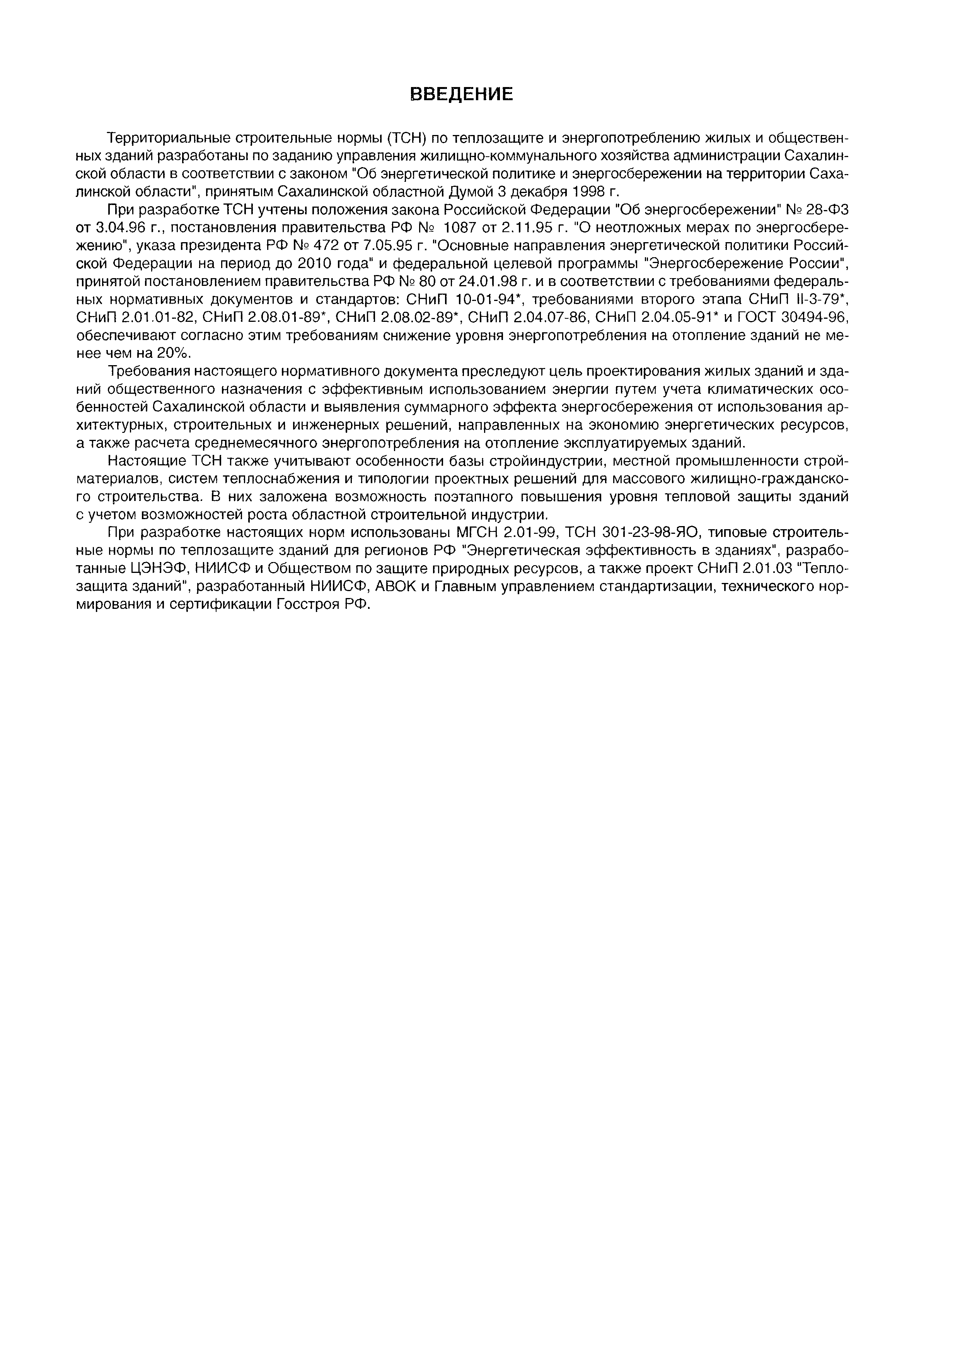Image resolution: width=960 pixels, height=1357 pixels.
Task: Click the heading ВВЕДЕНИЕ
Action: (x=462, y=95)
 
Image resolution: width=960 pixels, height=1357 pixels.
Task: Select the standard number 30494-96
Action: (x=815, y=318)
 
